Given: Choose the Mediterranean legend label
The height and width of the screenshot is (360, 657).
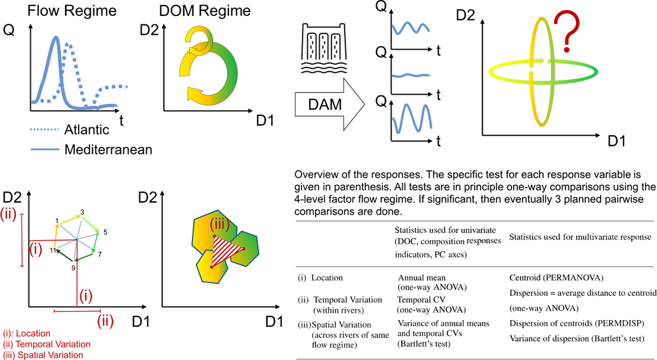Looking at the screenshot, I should click(x=108, y=149).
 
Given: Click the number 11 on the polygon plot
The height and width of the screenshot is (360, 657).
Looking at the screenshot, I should click(x=52, y=250).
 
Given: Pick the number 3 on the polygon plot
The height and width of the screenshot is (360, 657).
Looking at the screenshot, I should click(x=83, y=212).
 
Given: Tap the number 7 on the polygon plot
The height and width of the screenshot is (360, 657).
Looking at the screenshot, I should click(x=100, y=253).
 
